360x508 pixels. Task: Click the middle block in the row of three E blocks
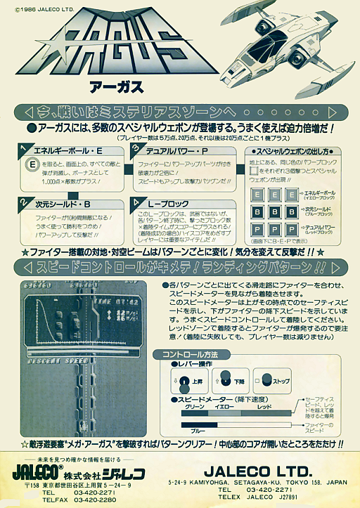(275, 193)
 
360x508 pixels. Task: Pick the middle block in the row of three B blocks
(275, 212)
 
